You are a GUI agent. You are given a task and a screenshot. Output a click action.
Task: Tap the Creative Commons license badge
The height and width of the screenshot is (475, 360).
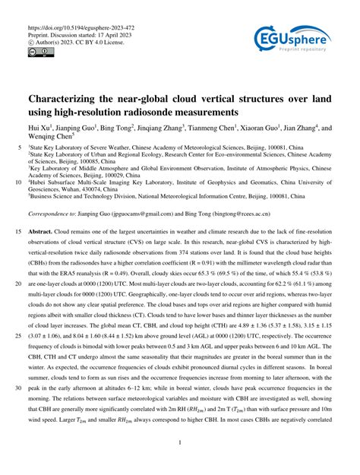[39, 50]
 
